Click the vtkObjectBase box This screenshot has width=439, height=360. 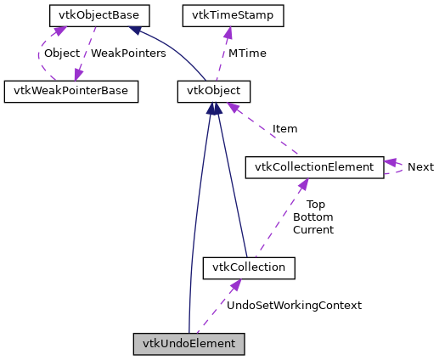point(99,15)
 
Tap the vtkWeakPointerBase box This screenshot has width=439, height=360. point(70,91)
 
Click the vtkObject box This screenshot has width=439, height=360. point(214,91)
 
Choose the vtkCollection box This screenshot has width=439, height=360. point(249,267)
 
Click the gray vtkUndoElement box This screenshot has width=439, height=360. point(189,344)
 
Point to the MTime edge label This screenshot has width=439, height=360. point(247,53)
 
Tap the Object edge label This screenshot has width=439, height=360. point(61,53)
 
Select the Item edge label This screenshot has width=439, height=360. point(284,129)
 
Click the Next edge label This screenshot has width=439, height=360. point(420,166)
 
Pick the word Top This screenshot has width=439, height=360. point(315,204)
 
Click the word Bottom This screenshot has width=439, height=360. point(312,217)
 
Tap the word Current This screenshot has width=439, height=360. point(312,229)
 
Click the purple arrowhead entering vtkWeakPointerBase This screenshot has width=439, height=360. point(78,76)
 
